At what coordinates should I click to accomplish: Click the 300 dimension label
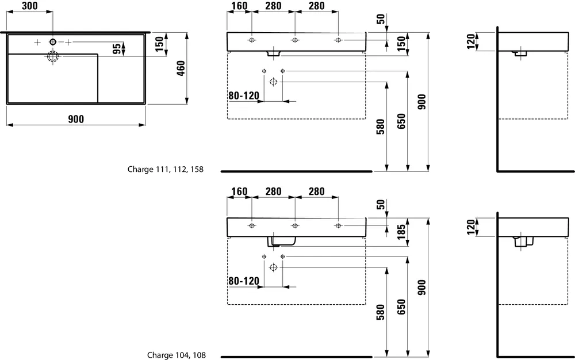click(x=30, y=6)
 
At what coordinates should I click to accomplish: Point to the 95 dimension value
click(x=116, y=49)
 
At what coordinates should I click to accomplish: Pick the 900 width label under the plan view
click(x=76, y=119)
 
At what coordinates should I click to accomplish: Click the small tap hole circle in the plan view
click(x=53, y=41)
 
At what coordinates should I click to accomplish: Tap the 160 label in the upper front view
click(x=239, y=6)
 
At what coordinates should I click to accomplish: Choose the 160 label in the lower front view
click(x=239, y=192)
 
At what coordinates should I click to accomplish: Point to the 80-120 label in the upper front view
click(x=244, y=96)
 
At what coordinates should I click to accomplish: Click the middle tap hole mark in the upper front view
click(x=295, y=40)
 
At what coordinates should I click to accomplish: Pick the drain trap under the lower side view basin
click(x=522, y=242)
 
